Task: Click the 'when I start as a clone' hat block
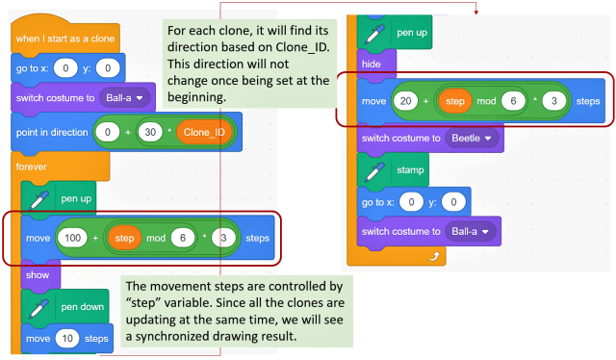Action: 64,39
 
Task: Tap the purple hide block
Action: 370,64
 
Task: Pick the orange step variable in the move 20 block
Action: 455,101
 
